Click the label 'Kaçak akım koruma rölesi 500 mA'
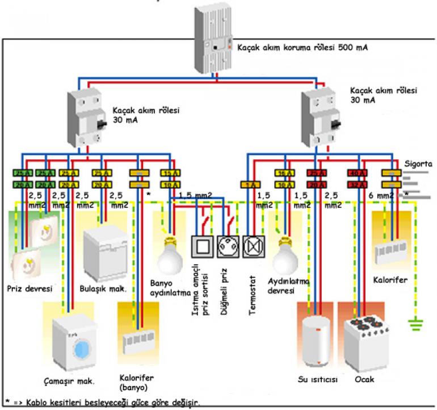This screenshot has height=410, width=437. tap(302, 47)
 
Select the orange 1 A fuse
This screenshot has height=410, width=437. tap(250, 185)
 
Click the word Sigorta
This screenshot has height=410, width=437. tap(419, 164)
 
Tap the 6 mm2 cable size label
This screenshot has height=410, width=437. tap(380, 196)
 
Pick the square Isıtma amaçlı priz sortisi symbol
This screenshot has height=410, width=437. tap(204, 247)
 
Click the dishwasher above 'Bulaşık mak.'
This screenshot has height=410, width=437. tap(106, 250)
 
